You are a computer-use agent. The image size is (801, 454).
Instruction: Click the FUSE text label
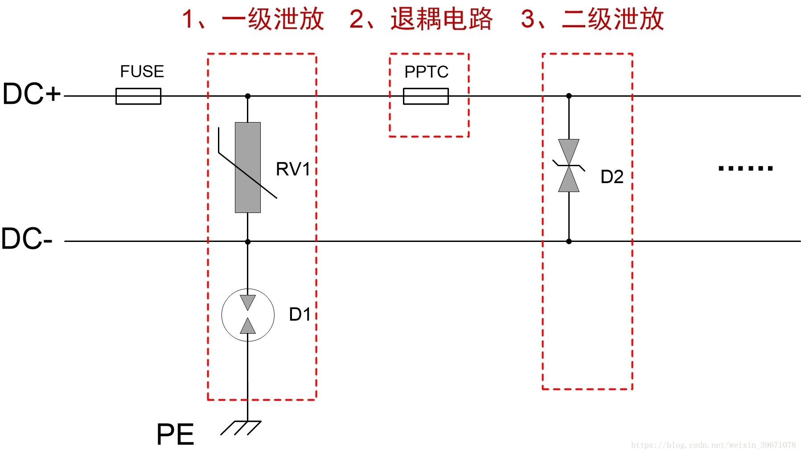142,72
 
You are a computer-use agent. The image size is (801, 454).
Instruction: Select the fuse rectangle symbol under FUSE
138,96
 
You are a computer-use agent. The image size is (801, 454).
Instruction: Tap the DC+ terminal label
31,94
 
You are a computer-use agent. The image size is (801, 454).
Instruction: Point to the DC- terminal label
27,239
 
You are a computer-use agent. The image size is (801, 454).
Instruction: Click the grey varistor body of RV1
248,168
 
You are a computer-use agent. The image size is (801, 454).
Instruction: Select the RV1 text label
293,169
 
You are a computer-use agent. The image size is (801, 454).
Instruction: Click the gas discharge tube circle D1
248,315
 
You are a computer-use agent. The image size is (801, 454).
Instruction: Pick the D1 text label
300,315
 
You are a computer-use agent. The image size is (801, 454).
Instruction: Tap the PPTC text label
426,72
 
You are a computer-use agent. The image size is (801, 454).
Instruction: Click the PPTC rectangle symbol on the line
426,96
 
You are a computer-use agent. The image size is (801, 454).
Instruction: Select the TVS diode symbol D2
569,166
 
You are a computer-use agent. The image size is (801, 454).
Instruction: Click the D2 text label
612,177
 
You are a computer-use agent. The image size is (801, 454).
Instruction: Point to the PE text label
175,434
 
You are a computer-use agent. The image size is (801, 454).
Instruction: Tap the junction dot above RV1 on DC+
248,96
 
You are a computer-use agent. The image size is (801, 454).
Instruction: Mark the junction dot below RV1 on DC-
248,242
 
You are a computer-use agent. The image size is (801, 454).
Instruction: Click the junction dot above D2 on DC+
569,96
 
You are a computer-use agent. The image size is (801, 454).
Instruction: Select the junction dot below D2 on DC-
569,241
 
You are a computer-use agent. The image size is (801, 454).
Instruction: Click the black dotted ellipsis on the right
745,168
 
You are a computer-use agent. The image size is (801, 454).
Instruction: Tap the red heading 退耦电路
441,20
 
